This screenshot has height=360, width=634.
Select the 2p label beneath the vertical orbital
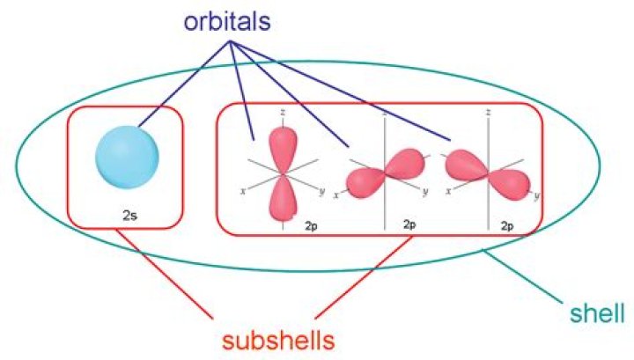point(311,225)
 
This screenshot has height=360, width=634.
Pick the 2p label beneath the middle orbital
point(409,225)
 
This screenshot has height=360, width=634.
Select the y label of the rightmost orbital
point(536,195)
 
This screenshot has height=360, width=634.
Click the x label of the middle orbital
point(335,194)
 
